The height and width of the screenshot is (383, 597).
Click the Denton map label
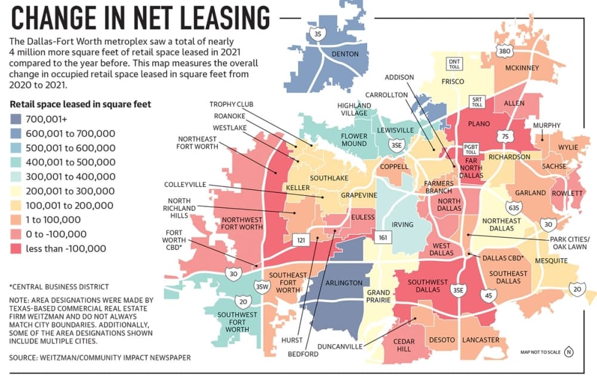[345, 54]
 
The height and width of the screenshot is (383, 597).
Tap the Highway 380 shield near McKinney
[504, 51]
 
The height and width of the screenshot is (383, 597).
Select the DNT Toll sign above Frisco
[454, 64]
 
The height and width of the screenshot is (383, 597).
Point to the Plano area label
[479, 124]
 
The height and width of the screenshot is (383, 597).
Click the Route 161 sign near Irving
[383, 237]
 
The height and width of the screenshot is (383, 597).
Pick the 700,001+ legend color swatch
[16, 120]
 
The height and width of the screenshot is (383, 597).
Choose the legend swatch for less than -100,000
[16, 249]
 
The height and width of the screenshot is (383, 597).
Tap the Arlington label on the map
[344, 283]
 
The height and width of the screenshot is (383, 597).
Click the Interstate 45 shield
[488, 295]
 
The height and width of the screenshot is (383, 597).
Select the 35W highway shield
[262, 287]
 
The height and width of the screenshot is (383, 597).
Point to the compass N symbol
[569, 352]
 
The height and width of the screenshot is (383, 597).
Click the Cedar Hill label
[404, 345]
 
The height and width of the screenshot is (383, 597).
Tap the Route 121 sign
[301, 240]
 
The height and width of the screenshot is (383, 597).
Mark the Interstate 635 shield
[513, 208]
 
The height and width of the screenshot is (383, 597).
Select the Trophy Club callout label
[231, 105]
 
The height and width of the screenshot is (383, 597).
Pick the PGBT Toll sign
[471, 149]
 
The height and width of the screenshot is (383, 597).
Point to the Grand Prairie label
[378, 296]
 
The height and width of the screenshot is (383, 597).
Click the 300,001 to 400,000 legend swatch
[16, 177]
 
